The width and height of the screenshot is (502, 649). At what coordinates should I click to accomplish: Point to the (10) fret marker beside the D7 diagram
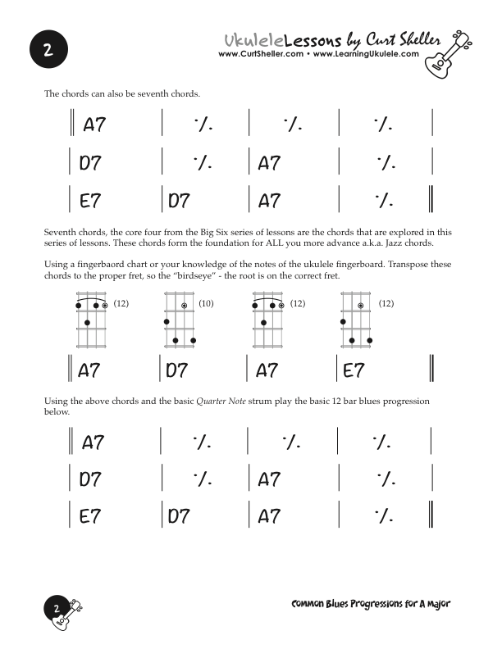(206, 304)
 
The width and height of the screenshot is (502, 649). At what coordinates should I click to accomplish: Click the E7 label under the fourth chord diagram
(354, 370)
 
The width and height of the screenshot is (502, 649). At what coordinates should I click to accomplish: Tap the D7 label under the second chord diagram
(177, 370)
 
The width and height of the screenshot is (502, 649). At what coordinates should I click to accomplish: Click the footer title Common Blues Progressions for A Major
(371, 604)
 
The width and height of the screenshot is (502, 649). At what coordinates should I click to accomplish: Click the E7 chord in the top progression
(90, 201)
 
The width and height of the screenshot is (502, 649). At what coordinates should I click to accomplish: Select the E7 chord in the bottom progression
(90, 517)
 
